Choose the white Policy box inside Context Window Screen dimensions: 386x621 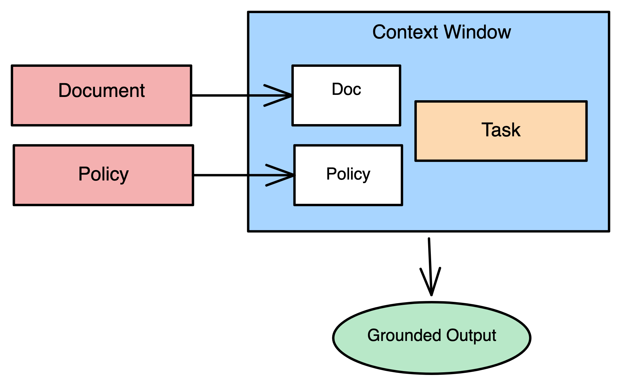point(348,191)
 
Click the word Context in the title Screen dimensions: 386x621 point(405,32)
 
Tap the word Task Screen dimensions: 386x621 point(501,130)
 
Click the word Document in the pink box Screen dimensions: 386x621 point(102,90)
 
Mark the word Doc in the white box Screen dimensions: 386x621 point(346,89)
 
